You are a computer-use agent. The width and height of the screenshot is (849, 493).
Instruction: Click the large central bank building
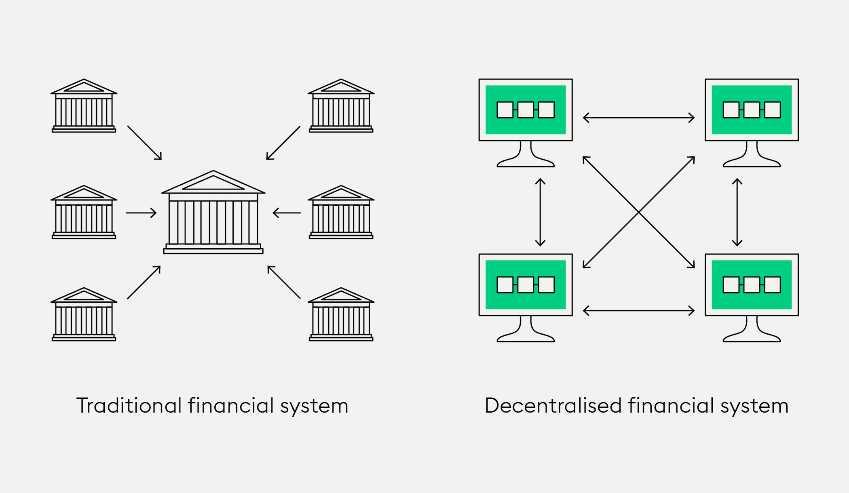(x=213, y=212)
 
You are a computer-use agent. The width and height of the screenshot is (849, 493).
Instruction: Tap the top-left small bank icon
(x=84, y=105)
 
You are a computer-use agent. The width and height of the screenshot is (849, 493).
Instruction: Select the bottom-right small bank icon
(x=341, y=314)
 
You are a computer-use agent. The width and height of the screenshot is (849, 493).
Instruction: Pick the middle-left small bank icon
(x=84, y=212)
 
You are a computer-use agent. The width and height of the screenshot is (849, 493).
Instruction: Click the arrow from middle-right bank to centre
(x=287, y=213)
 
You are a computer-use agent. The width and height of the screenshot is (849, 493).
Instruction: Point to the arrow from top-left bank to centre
(x=144, y=143)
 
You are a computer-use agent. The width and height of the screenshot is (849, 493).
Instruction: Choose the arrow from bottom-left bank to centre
(x=144, y=282)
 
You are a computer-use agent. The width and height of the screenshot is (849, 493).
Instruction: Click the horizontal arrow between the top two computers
(x=639, y=118)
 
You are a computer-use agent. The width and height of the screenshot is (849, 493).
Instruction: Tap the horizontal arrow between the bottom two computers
(x=639, y=310)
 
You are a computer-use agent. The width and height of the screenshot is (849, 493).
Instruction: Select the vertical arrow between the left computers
(x=540, y=212)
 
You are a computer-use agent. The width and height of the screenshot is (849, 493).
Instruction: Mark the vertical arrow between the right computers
(x=737, y=212)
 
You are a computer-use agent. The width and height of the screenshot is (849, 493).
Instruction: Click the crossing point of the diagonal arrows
(x=639, y=212)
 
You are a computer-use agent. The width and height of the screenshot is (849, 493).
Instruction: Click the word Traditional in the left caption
(x=129, y=405)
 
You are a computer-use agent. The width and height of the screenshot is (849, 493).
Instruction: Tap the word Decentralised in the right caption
(x=553, y=405)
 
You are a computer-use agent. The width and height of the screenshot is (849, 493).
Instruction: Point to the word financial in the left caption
(x=231, y=405)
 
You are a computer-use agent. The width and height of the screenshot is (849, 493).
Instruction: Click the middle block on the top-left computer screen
(x=526, y=110)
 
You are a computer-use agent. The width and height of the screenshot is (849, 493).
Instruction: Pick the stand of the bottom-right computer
(x=752, y=329)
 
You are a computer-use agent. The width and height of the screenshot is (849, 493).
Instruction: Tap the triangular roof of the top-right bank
(x=341, y=86)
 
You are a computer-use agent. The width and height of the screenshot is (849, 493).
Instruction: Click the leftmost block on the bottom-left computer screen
(x=505, y=285)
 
